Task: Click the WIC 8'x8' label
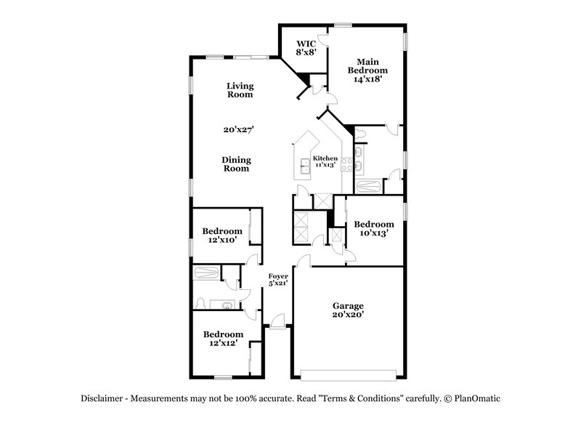coord(304,48)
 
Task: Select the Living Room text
coord(240,90)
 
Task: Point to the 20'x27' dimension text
coord(240,129)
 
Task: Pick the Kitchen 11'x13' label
coord(325,161)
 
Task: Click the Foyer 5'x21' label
coord(278,279)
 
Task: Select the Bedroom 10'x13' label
coord(373,229)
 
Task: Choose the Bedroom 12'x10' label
coord(222,235)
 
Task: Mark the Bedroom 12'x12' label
coord(222,338)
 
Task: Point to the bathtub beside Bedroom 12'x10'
coord(207,273)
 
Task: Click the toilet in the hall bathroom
coord(200,303)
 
